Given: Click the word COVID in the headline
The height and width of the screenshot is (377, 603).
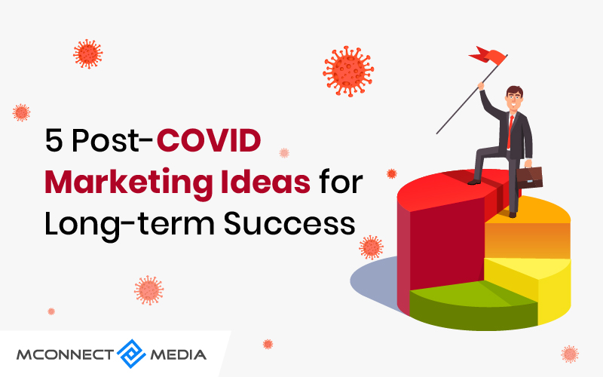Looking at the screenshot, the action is click(x=209, y=140).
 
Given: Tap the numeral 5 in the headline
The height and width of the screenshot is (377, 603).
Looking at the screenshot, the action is click(x=54, y=141).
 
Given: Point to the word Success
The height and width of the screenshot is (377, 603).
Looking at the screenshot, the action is click(x=289, y=223).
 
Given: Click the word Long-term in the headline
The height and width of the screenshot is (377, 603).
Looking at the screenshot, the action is click(x=130, y=225).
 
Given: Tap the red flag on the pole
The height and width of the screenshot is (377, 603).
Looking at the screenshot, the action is click(x=488, y=56).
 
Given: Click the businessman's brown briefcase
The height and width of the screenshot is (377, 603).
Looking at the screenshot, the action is click(x=530, y=177).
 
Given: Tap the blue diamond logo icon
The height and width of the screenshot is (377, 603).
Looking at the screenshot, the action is click(x=131, y=354).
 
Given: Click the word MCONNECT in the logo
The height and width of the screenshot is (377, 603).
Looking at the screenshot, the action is click(x=65, y=354).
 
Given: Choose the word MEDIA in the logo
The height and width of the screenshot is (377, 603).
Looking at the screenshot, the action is click(x=178, y=354).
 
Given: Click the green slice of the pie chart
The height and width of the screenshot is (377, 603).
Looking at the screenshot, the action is click(x=473, y=304).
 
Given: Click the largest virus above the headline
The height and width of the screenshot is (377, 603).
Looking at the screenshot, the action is click(x=348, y=71).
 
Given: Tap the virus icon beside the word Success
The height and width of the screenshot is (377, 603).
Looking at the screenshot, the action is click(x=371, y=247).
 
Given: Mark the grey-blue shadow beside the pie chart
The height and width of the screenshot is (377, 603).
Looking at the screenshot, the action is click(x=375, y=280).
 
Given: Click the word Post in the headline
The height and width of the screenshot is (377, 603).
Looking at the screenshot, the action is click(x=105, y=141).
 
